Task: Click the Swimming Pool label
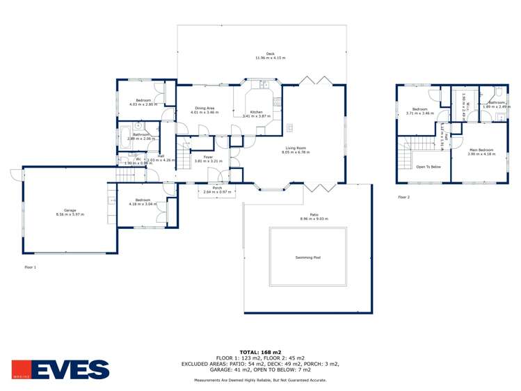tap(307, 257)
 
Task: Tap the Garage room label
tap(70, 211)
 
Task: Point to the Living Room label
tap(296, 148)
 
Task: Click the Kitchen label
tap(256, 112)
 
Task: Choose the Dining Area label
tap(205, 108)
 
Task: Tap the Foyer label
tap(208, 157)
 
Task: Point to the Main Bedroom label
tap(481, 150)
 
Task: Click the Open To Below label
tap(428, 167)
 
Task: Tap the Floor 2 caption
tap(404, 197)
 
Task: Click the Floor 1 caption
tap(30, 266)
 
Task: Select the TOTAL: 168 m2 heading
tap(260, 352)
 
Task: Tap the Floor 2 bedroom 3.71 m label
tap(420, 109)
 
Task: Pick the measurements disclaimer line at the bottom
tap(260, 380)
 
